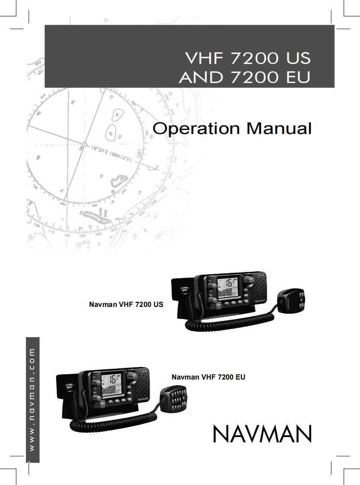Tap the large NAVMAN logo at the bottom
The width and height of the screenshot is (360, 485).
coord(262,434)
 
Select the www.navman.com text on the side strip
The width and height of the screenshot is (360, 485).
coord(32,399)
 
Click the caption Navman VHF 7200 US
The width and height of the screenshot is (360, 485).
coord(126,305)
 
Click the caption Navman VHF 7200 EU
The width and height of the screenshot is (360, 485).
coord(208,377)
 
